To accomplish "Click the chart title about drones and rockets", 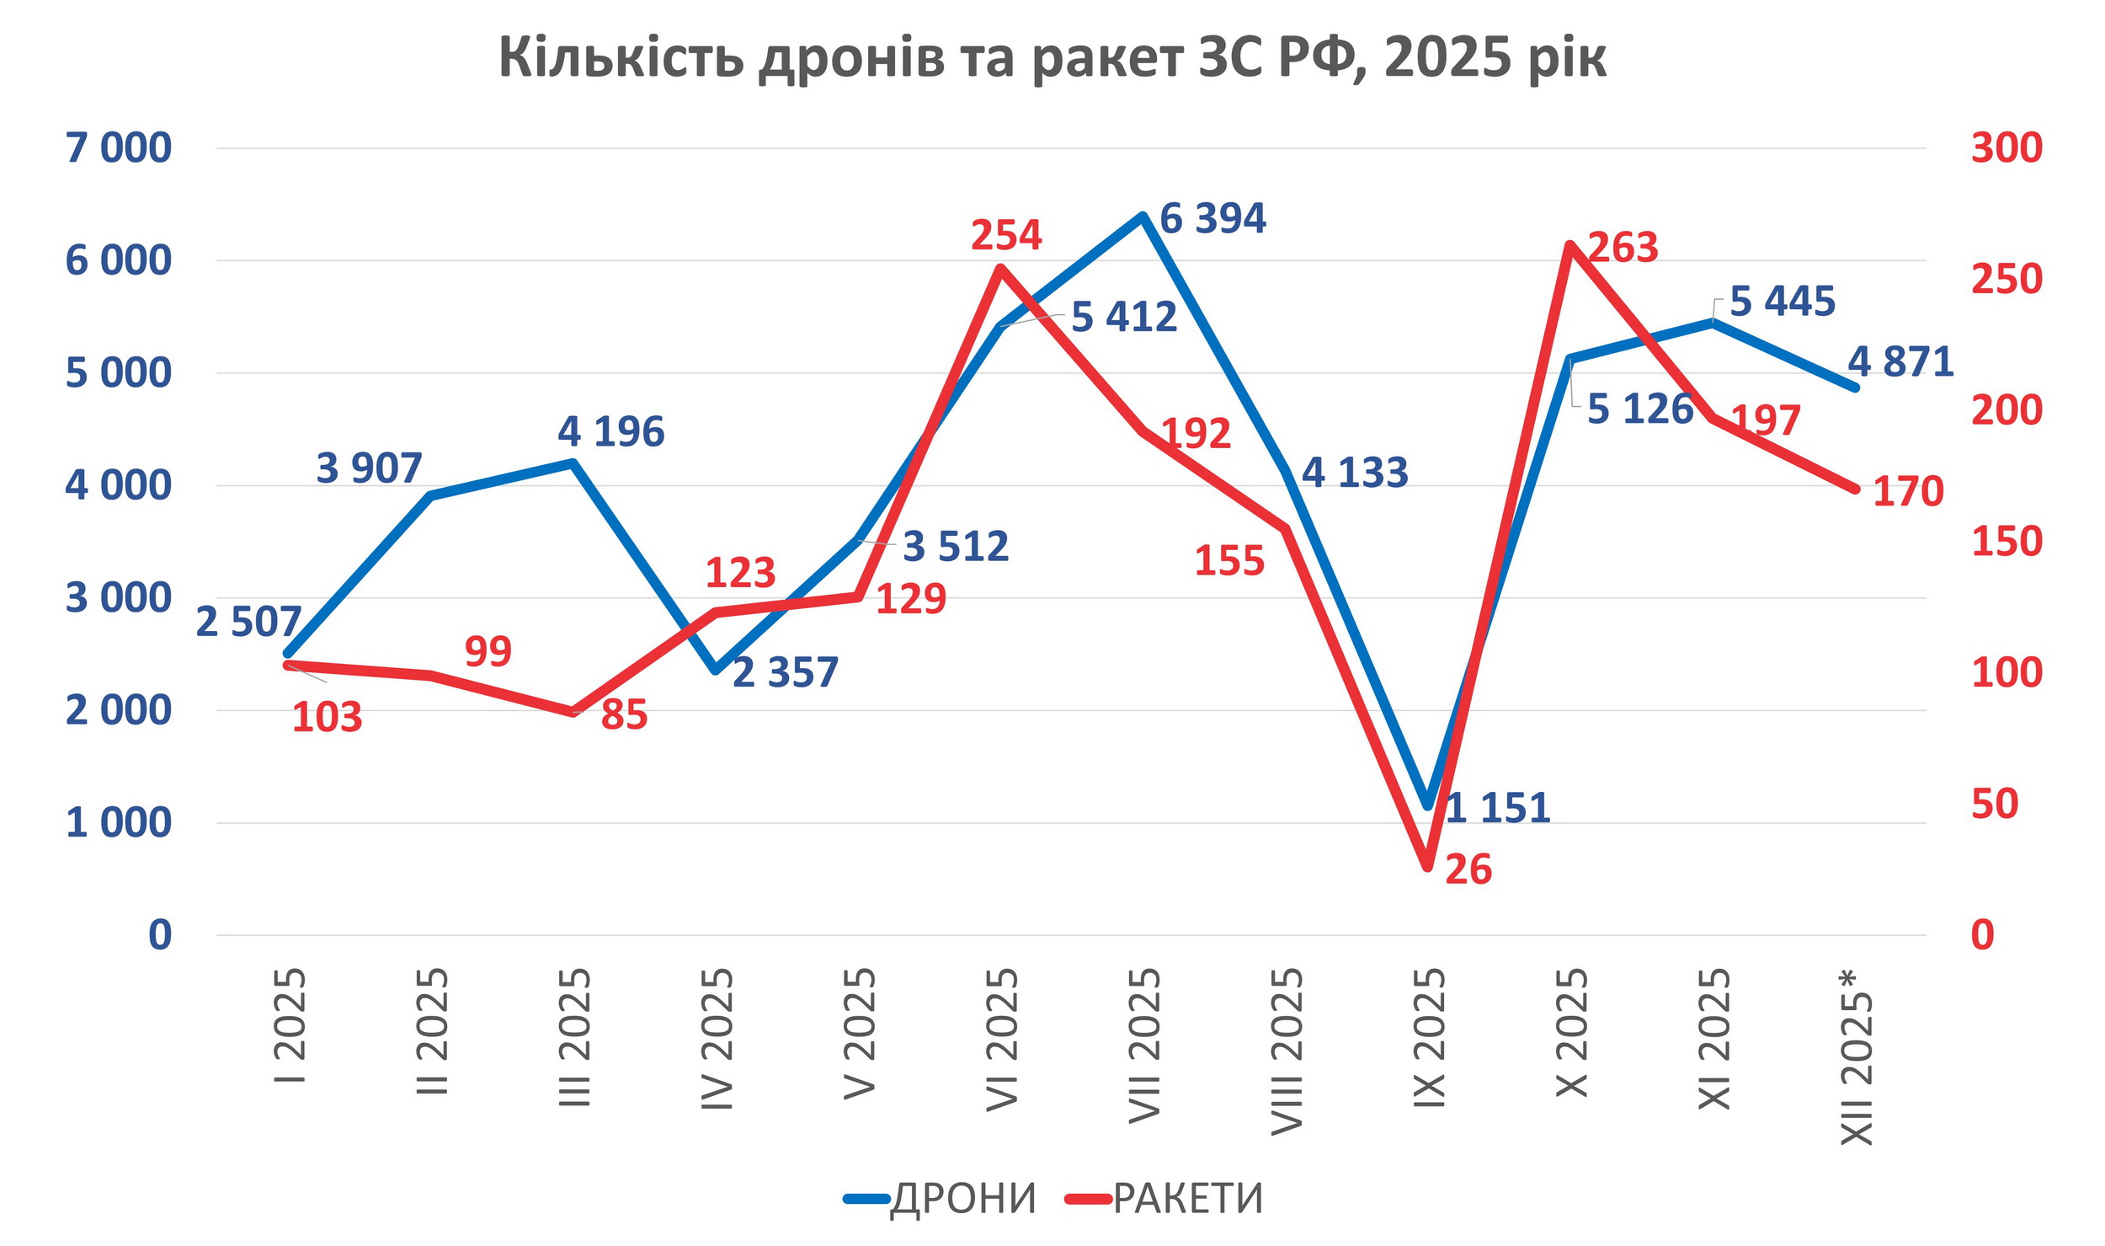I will click(x=1052, y=57).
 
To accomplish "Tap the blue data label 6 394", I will click(x=1212, y=219).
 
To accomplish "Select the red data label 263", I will click(x=1623, y=248).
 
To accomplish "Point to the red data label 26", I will click(x=1468, y=869).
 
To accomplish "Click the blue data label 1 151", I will click(x=1497, y=808).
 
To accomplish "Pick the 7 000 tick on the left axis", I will click(x=118, y=148).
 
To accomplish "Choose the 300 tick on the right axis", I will click(x=2006, y=148).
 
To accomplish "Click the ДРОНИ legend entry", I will click(x=941, y=1198).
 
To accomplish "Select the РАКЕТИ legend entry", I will click(x=1165, y=1198).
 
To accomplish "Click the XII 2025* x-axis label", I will click(x=1857, y=1057).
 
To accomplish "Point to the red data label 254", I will click(x=1006, y=235).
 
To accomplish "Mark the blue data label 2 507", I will click(x=248, y=623).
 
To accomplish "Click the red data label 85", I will click(x=624, y=714).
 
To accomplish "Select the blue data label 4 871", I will click(x=1900, y=362).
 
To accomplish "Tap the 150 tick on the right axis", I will click(x=2006, y=542).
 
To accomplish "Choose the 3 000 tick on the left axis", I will click(x=118, y=598).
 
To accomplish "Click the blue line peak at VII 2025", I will click(x=1143, y=217).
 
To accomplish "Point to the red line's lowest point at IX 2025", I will click(x=1428, y=866).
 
